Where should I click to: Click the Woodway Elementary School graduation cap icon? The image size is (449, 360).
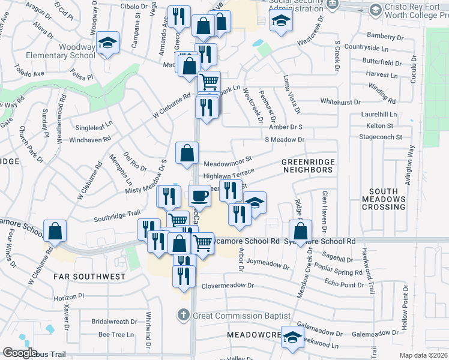click(x=108, y=42)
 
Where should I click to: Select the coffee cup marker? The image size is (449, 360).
click(x=199, y=195)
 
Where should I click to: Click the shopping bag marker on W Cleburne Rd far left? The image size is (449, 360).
click(x=55, y=230)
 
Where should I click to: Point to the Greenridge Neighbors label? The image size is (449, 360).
click(x=307, y=166)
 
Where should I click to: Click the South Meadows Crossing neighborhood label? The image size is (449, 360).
click(x=384, y=199)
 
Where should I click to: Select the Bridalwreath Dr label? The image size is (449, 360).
click(x=116, y=322)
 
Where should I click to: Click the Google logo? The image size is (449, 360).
click(x=19, y=353)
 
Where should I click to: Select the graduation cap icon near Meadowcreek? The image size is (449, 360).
click(x=292, y=337)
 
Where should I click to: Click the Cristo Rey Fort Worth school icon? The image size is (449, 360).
click(x=375, y=10)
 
